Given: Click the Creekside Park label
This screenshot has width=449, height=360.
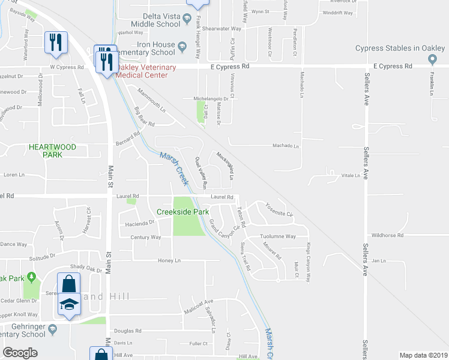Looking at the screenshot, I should (x=182, y=212).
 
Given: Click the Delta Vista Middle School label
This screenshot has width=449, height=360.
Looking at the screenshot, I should (x=153, y=20).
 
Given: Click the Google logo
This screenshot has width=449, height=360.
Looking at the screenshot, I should (x=20, y=353).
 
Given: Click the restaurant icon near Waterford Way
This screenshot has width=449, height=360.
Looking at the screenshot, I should (x=55, y=42).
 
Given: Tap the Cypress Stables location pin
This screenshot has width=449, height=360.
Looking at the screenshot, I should (x=433, y=59).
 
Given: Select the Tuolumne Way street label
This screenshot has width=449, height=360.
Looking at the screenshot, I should (x=278, y=236).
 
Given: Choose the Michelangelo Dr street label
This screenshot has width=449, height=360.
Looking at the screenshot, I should (x=209, y=98).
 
